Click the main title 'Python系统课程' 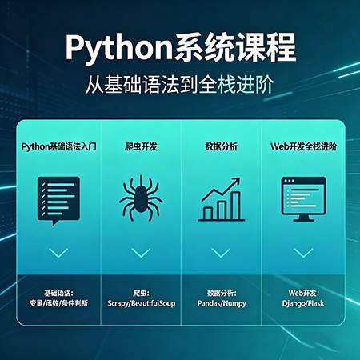[x=181, y=47]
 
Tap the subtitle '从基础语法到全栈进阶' [x=179, y=85]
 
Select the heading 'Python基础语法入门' [x=59, y=146]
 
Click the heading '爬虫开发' [x=141, y=146]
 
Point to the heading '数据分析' [x=221, y=146]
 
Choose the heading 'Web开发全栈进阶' [x=303, y=146]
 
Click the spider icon [x=141, y=198]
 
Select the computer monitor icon [x=303, y=199]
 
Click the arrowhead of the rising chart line [x=236, y=182]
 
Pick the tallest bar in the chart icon [x=236, y=206]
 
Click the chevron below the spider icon [x=141, y=253]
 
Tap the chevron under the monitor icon [x=303, y=253]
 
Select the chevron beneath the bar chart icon [x=221, y=253]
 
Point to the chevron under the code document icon [x=58, y=253]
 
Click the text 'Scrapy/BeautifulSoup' [x=142, y=303]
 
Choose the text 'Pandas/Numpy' [x=222, y=303]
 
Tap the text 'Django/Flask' [x=303, y=303]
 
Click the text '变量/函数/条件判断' [x=58, y=303]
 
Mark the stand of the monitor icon [x=303, y=218]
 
